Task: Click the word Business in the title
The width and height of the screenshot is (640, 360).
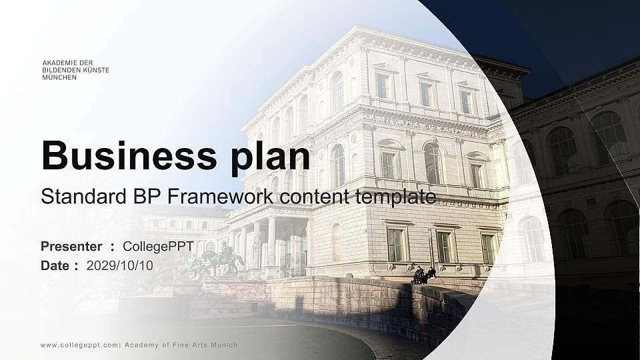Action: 123,156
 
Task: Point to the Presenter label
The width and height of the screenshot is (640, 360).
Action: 71,247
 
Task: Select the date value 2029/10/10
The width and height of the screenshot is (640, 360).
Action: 120,265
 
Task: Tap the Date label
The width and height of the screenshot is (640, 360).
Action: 55,265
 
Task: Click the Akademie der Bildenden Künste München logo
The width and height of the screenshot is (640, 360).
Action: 75,70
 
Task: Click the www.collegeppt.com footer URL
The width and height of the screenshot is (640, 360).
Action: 79,345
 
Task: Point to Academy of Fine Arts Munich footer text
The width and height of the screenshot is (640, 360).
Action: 181,345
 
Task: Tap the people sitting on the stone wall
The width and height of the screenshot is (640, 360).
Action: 423,275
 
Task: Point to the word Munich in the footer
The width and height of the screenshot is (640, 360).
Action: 224,345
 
